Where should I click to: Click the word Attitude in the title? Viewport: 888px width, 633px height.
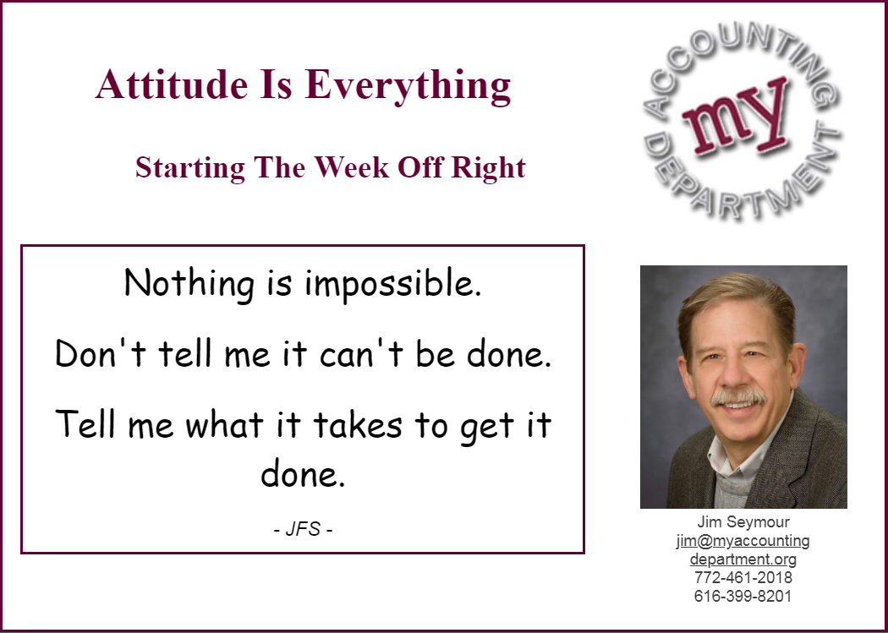[x=172, y=85]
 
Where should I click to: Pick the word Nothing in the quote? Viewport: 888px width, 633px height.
[x=189, y=283]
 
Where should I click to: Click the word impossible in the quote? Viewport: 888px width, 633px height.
[x=393, y=285]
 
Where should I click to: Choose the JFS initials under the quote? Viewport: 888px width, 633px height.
[x=303, y=530]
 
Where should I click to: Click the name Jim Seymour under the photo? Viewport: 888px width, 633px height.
[x=743, y=521]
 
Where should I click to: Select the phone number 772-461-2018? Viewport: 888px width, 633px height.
[x=743, y=577]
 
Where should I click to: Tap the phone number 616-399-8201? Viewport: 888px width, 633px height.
[x=743, y=596]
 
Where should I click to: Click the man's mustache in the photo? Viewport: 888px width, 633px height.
[x=738, y=397]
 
